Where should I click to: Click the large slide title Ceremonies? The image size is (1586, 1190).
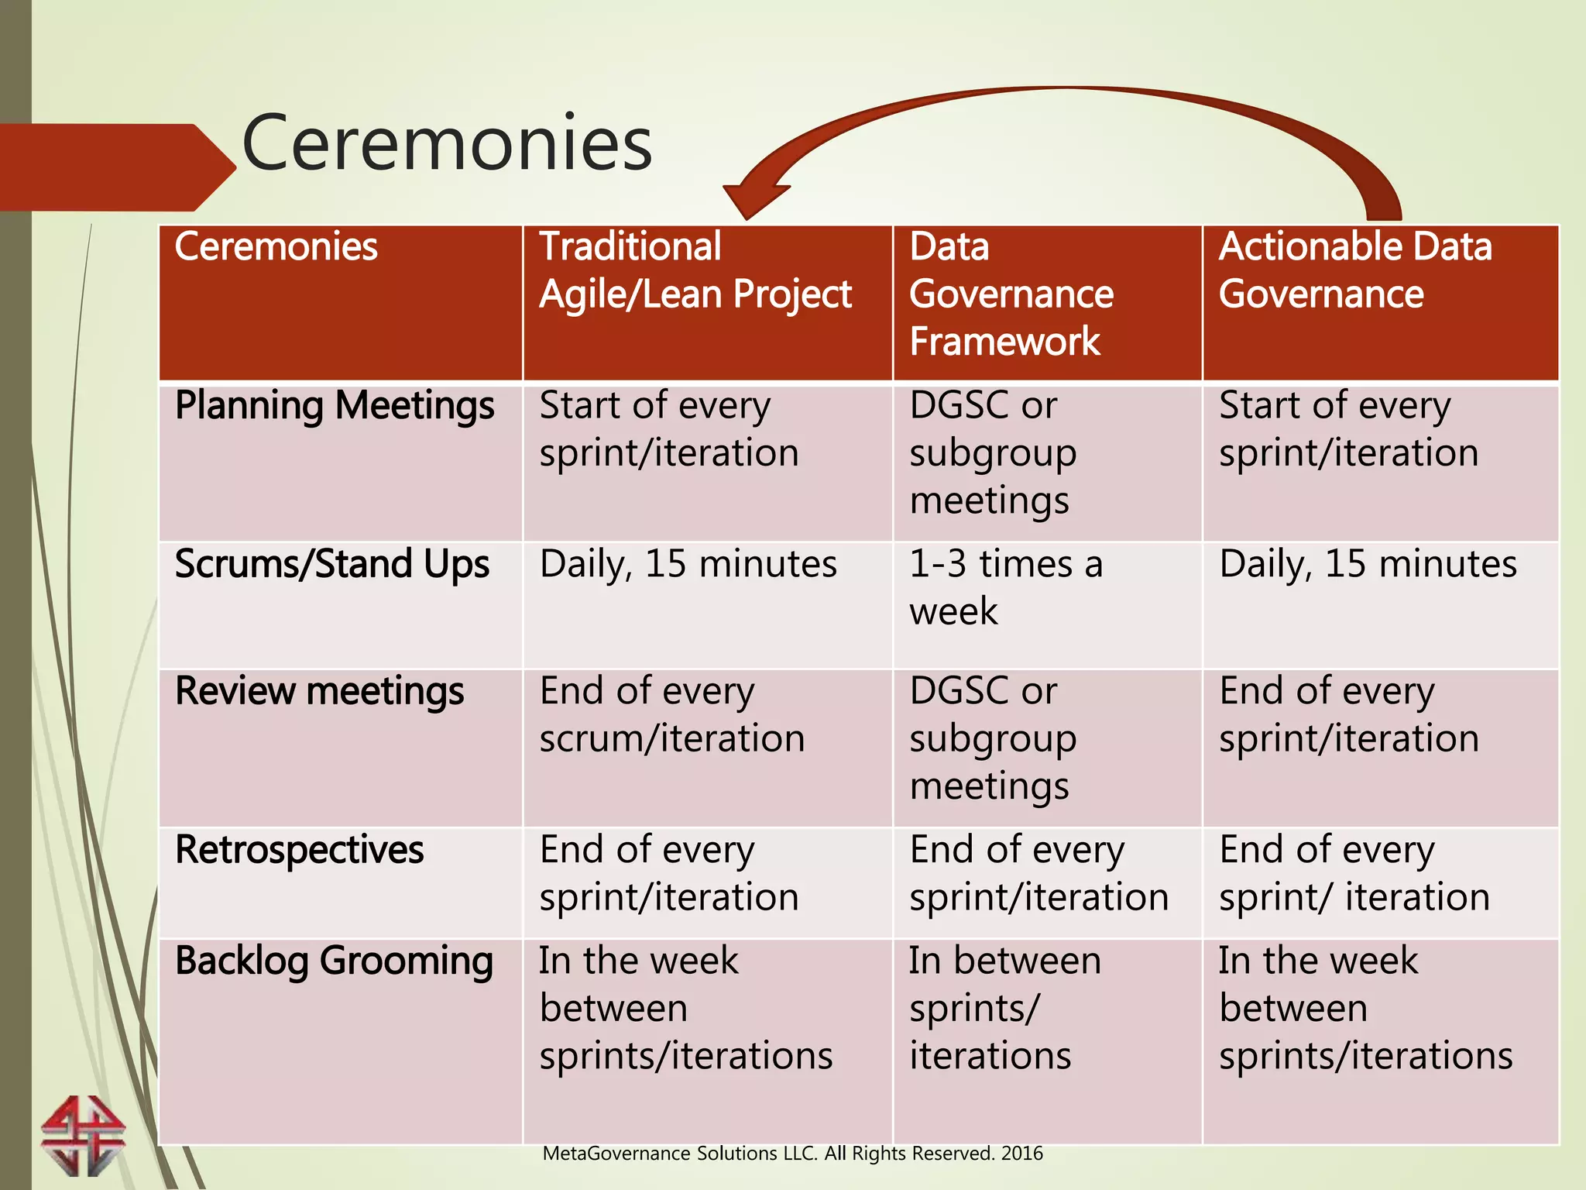pos(447,143)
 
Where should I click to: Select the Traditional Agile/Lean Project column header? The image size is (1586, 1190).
pos(695,270)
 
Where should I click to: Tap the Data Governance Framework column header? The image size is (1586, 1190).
pos(1011,294)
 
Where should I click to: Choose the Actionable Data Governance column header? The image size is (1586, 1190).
pos(1354,270)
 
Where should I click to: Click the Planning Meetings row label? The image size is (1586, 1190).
pos(335,406)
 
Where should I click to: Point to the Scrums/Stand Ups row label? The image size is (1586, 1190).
pos(331,564)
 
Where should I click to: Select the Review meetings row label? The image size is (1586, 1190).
pos(319,691)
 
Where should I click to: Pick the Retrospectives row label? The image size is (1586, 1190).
pos(299,850)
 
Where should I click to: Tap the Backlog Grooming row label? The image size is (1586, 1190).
pos(334,961)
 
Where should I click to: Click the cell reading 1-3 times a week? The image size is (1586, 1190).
pos(1005,587)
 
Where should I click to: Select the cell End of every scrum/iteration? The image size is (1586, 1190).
pos(671,714)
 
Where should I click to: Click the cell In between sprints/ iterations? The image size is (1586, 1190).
pos(1004,1008)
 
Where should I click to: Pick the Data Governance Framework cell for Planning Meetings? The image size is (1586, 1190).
pos(993,453)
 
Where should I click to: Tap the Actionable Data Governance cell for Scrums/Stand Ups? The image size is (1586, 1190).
pos(1368,564)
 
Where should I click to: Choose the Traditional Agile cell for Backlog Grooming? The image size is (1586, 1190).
pos(685,1008)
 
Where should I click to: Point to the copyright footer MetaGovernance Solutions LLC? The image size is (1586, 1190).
pos(792,1154)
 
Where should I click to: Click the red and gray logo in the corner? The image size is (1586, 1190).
pos(83,1136)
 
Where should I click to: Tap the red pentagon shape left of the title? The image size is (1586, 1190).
pos(116,167)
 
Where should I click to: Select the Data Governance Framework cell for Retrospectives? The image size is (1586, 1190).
pos(1038,873)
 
